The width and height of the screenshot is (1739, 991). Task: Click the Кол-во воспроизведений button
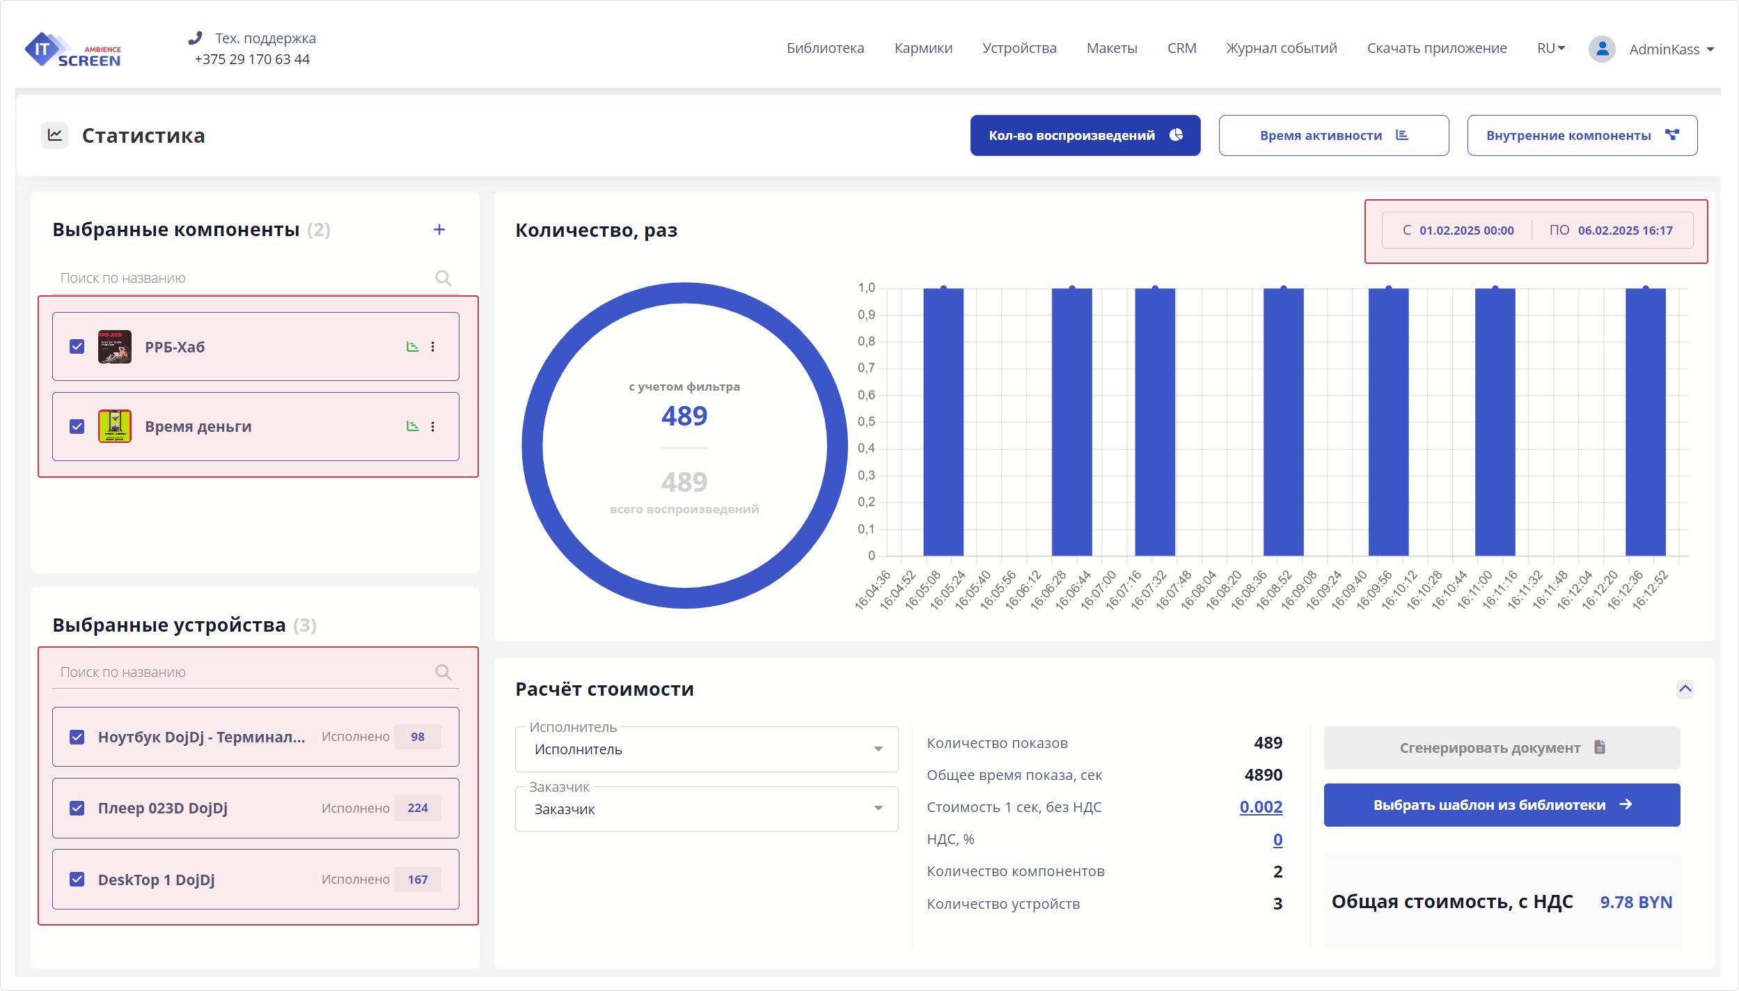pos(1085,135)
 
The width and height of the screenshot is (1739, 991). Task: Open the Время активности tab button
pos(1333,135)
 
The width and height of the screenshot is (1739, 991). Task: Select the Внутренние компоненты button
pos(1582,135)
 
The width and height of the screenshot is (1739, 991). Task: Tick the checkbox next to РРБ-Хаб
pos(77,347)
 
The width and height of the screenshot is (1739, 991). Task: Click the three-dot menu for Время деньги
pos(433,426)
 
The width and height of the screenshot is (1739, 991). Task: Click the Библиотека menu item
pos(825,48)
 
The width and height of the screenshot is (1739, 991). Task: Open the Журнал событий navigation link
pos(1281,48)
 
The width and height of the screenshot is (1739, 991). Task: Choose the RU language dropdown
pos(1550,48)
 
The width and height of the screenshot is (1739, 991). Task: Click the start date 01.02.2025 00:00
pos(1466,231)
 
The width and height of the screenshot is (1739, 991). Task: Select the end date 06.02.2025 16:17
pos(1625,231)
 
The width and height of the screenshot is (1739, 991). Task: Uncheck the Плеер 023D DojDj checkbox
pos(77,808)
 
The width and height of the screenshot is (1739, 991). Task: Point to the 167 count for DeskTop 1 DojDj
pos(418,880)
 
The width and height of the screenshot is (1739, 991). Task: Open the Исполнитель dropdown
pos(706,749)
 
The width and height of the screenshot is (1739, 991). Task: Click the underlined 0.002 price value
pos(1261,807)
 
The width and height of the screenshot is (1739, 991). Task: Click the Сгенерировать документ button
pos(1502,748)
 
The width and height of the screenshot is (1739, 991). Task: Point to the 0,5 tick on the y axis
pos(866,422)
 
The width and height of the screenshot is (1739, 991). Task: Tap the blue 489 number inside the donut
pos(684,416)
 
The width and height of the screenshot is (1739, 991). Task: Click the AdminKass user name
pos(1664,49)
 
